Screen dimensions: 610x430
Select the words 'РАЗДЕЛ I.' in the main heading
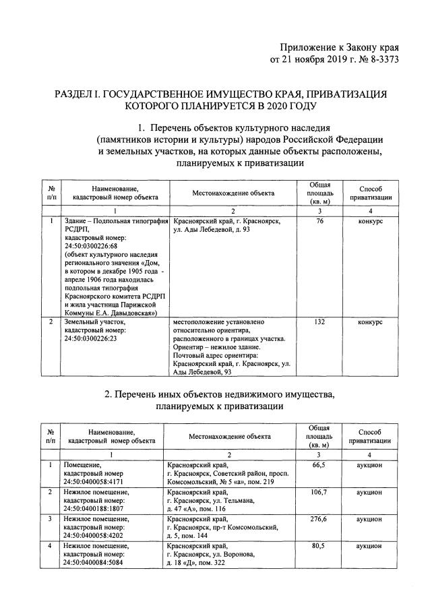82,94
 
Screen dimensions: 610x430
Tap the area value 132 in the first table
319,323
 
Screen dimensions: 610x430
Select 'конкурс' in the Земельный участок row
370,323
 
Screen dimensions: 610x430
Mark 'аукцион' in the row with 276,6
370,519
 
